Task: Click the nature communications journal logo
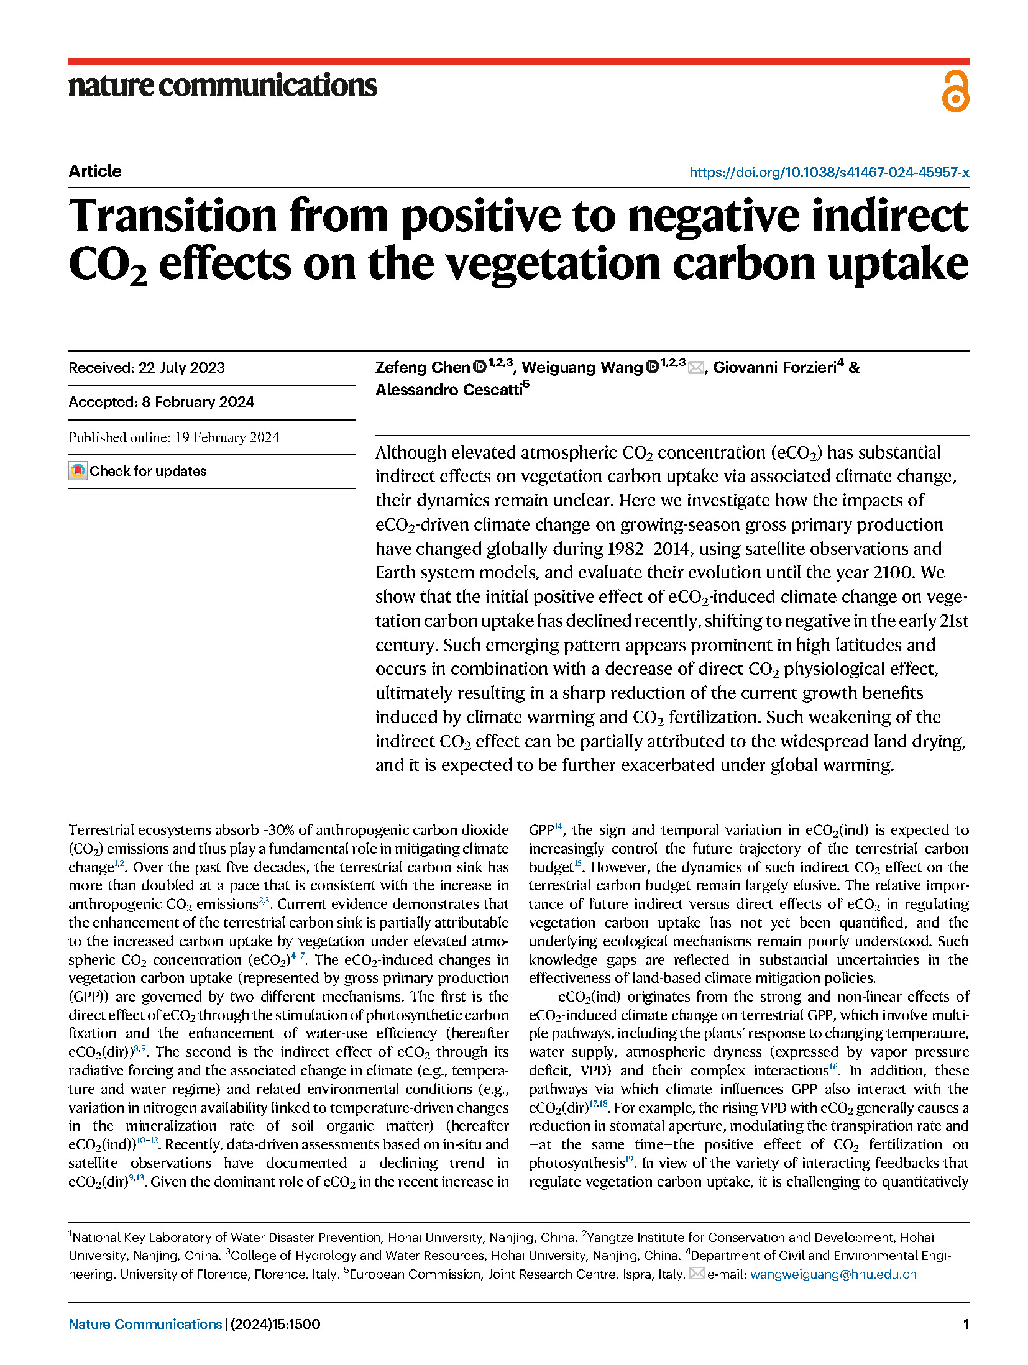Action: [223, 86]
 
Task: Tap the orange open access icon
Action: [955, 91]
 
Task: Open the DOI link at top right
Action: [828, 172]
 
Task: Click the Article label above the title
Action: [95, 171]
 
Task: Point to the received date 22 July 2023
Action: [181, 368]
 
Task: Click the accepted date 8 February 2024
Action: [198, 402]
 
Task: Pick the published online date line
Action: [174, 437]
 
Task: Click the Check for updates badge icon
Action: [78, 471]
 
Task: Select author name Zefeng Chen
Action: [422, 367]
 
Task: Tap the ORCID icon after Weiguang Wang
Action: [652, 367]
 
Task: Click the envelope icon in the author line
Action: [695, 368]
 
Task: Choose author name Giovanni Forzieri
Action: [774, 367]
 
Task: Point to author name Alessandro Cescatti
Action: [449, 390]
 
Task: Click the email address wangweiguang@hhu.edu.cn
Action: [833, 1274]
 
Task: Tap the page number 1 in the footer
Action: [965, 1324]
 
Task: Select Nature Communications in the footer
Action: [145, 1324]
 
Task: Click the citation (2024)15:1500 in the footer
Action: [275, 1324]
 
